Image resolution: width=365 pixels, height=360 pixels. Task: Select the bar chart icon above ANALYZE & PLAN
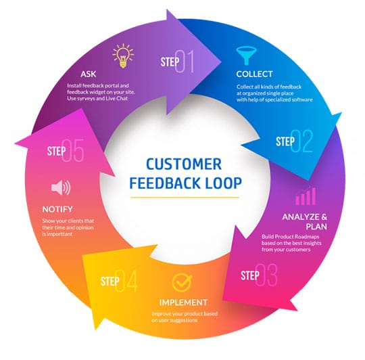[x=305, y=196]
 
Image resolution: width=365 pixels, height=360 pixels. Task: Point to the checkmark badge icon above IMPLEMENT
[x=179, y=281]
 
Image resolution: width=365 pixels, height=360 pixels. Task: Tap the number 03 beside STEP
[x=268, y=276]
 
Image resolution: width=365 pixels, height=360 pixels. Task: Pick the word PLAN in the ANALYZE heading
[x=306, y=227]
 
